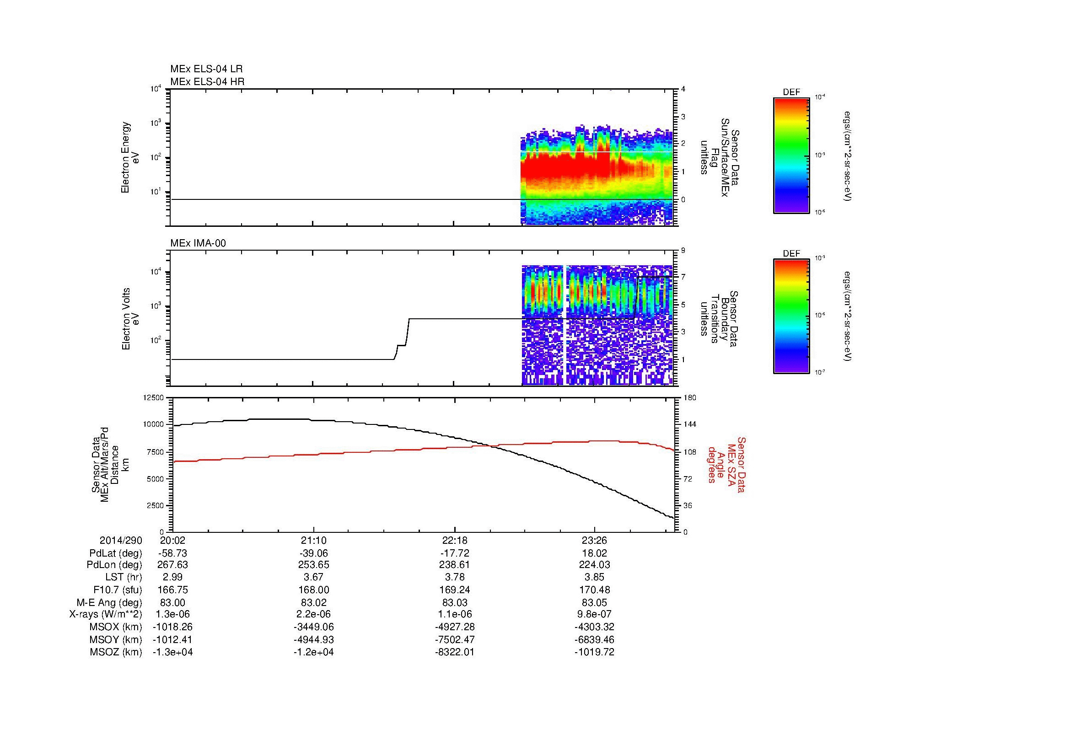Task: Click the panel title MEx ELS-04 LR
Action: click(x=206, y=69)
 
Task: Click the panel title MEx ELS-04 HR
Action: click(x=207, y=82)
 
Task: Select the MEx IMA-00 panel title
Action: click(x=198, y=243)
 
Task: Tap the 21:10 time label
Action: click(x=314, y=541)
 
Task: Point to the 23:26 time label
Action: click(x=594, y=541)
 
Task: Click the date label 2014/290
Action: click(x=121, y=541)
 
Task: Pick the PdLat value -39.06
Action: click(x=314, y=553)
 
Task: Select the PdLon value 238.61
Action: click(x=454, y=565)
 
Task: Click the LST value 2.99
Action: click(x=173, y=577)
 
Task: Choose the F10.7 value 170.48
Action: click(x=594, y=590)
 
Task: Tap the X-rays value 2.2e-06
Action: click(x=314, y=614)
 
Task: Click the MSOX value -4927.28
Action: click(x=454, y=627)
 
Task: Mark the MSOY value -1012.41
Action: click(x=173, y=639)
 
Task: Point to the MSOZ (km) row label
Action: click(x=116, y=652)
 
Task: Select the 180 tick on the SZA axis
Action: click(x=690, y=398)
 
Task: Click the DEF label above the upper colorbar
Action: click(x=791, y=92)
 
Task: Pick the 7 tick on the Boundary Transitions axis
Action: click(x=683, y=277)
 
